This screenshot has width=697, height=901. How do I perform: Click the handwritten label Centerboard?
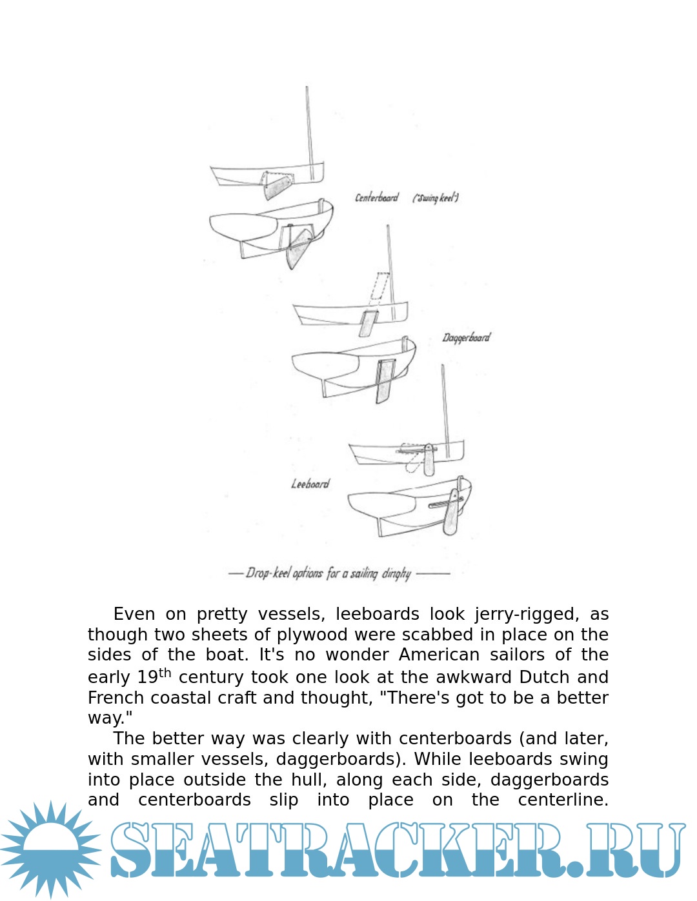click(x=377, y=197)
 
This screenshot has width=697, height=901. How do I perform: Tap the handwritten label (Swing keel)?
click(x=436, y=198)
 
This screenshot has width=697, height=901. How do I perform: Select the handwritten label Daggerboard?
click(x=466, y=337)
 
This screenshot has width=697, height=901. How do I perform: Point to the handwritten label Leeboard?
click(x=310, y=484)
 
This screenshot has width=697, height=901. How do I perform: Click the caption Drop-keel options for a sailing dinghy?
click(x=328, y=573)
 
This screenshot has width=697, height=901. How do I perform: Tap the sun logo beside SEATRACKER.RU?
click(x=50, y=849)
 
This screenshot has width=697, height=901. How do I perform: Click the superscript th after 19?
click(x=165, y=673)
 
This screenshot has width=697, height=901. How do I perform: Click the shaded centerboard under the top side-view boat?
click(x=278, y=187)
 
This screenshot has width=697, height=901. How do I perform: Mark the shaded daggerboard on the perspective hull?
click(x=385, y=381)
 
